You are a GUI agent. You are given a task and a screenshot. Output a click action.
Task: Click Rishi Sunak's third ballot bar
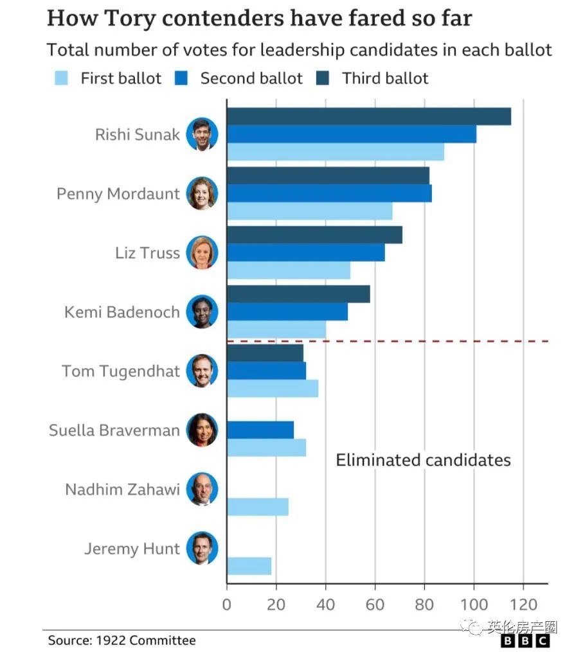pos(368,116)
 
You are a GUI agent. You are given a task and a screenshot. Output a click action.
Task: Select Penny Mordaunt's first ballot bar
pos(309,211)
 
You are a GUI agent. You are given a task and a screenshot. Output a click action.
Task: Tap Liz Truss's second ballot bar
pos(305,252)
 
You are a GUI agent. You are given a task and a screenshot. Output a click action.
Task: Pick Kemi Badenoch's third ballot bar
pos(298,294)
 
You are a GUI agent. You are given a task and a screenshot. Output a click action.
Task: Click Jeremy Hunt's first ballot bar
pos(249,566)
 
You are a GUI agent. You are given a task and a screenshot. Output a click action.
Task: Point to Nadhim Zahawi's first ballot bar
pos(257,507)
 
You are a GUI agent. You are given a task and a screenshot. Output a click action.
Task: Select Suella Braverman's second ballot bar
pos(260,430)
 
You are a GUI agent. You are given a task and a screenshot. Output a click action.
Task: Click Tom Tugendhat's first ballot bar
pos(272,389)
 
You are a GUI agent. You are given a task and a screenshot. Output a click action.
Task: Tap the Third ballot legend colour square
pos(323,78)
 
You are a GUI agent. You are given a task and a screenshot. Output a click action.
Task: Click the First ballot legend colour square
pos(62,78)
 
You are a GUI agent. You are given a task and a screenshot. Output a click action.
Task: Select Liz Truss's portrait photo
pos(202,252)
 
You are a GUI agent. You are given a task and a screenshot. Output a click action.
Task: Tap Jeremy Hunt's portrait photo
pos(202,549)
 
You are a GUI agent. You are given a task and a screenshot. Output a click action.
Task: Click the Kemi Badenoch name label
pos(122,312)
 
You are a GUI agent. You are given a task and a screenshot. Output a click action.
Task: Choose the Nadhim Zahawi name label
pos(122,489)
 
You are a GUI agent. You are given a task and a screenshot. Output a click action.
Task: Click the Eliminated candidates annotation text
pos(423,460)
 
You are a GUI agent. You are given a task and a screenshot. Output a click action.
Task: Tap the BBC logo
pos(525,641)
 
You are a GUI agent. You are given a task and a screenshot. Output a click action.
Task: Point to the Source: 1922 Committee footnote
pos(122,640)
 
